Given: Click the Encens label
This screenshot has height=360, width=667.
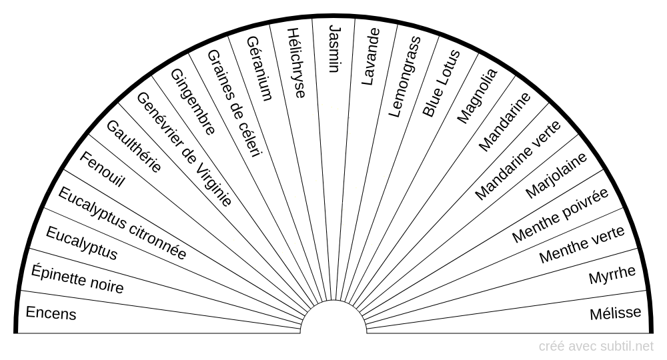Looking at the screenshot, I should pos(51,313).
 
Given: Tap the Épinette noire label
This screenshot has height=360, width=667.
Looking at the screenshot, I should pos(77,279).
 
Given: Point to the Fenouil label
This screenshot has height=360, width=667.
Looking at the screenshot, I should pos(102,169).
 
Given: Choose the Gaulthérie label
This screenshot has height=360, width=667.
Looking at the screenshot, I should pos(133,146).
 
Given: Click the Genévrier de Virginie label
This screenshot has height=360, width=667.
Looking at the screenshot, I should pos(184,149).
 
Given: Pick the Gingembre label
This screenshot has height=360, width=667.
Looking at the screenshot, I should pos(193,101).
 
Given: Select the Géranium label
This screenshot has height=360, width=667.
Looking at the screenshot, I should pos(259,67).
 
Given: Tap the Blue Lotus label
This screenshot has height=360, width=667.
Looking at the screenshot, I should pos(441,84).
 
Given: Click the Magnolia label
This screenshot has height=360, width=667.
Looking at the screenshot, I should pos(476,95).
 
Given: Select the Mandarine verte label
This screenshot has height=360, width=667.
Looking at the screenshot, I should pos(518,157).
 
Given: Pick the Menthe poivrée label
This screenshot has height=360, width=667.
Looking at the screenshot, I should pos(560,215).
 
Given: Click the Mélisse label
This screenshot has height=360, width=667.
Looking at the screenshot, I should pos(616,313).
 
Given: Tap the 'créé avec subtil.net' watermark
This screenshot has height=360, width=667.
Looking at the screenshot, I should pos(596,346).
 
